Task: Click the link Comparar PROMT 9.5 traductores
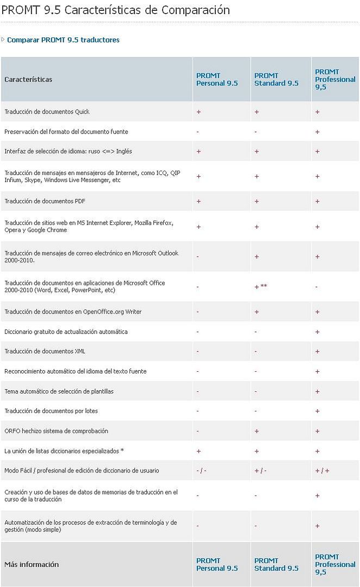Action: pyautogui.click(x=63, y=40)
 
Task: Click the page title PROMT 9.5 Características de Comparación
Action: pyautogui.click(x=116, y=10)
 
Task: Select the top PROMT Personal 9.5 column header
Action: pyautogui.click(x=217, y=79)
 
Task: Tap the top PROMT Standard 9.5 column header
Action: pyautogui.click(x=276, y=79)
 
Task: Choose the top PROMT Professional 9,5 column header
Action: pyautogui.click(x=336, y=79)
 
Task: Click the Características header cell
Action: pyautogui.click(x=28, y=79)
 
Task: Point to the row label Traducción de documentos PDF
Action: pyautogui.click(x=45, y=201)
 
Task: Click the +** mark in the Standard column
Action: pyautogui.click(x=260, y=286)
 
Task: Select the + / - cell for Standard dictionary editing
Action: pyautogui.click(x=260, y=471)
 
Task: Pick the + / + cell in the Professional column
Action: pyautogui.click(x=322, y=471)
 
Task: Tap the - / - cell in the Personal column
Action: pyautogui.click(x=202, y=471)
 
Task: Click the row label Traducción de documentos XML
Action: pyautogui.click(x=45, y=351)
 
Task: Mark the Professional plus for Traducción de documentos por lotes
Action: pyautogui.click(x=317, y=411)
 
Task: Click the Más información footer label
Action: pyautogui.click(x=32, y=564)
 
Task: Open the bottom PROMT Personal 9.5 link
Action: pyautogui.click(x=217, y=565)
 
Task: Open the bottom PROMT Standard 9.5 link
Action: pyautogui.click(x=276, y=565)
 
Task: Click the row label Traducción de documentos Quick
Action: pyautogui.click(x=47, y=111)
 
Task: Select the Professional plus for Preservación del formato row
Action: pyautogui.click(x=317, y=132)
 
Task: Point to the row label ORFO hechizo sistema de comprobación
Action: pyautogui.click(x=56, y=431)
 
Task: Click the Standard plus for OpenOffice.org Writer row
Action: pyautogui.click(x=257, y=312)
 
